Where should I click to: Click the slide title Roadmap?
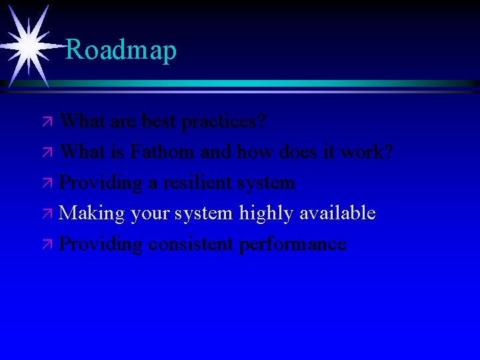[121, 50]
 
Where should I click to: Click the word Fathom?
[164, 152]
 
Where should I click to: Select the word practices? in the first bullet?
[224, 121]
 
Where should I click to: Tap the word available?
[337, 213]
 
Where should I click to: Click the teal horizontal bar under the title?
[267, 83]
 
